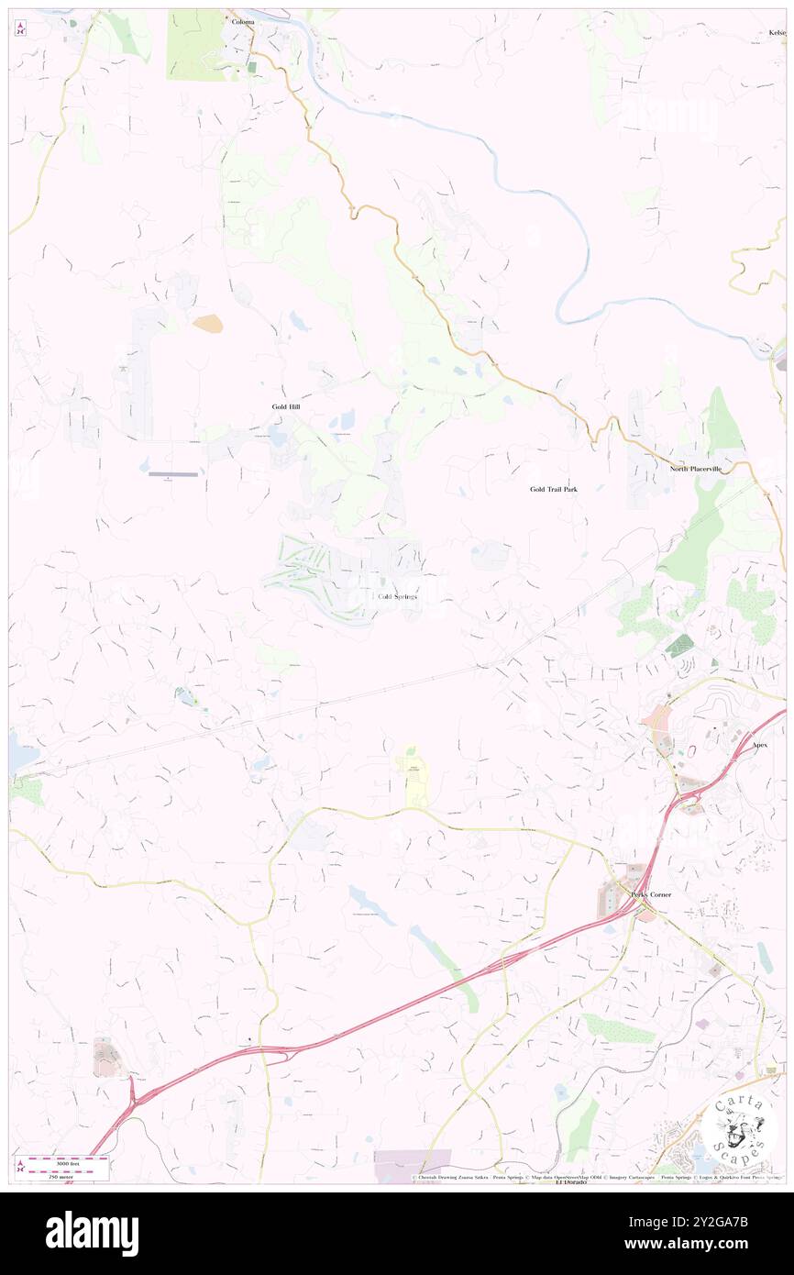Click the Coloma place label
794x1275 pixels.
[x=243, y=21]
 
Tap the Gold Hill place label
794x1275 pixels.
[x=285, y=406]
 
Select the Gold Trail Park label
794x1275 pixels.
[x=554, y=489]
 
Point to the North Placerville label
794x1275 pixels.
[x=695, y=469]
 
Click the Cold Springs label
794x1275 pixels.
[x=397, y=596]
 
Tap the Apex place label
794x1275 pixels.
[x=759, y=745]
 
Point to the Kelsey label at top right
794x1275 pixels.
[x=777, y=32]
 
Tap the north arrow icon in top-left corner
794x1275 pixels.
[x=20, y=28]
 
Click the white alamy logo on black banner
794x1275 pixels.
[x=92, y=1233]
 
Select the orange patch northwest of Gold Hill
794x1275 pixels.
[x=206, y=323]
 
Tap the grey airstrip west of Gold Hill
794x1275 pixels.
[x=173, y=474]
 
